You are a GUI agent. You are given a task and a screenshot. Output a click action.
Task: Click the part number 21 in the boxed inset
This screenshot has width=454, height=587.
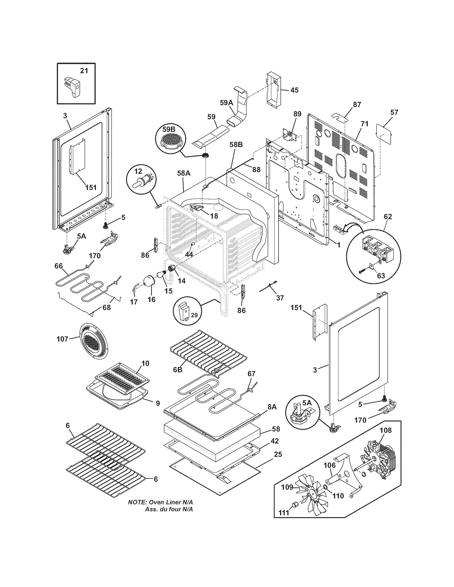[x=84, y=71]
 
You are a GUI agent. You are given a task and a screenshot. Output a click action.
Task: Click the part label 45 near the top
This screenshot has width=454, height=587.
[x=294, y=90]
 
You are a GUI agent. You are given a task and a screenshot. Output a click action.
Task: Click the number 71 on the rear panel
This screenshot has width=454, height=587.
[x=365, y=124]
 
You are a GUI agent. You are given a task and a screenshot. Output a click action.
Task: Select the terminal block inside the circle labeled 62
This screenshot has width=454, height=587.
[x=374, y=247]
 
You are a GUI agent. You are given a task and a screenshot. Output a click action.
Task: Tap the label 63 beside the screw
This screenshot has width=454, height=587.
[x=381, y=276]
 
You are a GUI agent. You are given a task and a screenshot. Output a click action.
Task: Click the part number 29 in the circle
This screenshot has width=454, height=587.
[x=194, y=315]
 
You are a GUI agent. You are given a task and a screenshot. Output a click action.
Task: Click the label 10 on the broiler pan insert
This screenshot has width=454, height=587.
[x=145, y=363]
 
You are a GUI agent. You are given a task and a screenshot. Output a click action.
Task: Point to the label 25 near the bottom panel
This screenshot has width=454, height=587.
[x=278, y=454]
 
